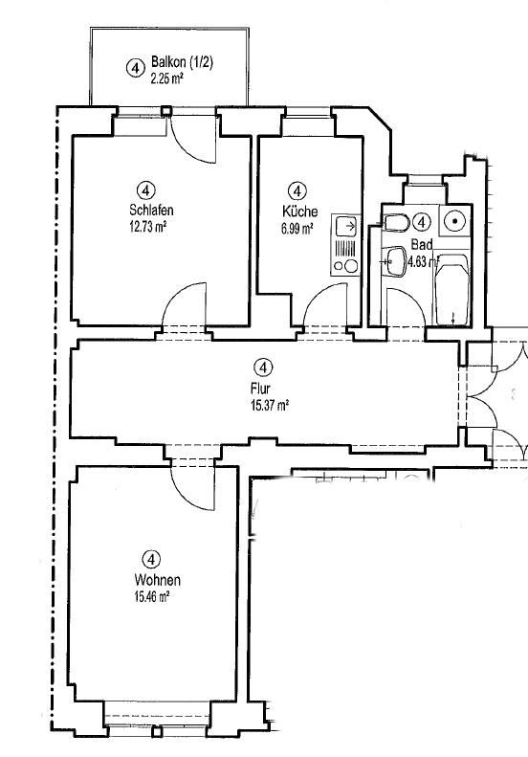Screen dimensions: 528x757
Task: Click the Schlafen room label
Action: [x=151, y=210]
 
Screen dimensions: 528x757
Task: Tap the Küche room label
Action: [x=300, y=212]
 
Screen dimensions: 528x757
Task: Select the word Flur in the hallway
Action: [x=260, y=388]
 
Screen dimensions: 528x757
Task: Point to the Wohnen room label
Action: [x=157, y=579]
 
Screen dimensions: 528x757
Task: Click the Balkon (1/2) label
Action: [x=182, y=62]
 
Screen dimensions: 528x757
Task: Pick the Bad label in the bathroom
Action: [x=421, y=244]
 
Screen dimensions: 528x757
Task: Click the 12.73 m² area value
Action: [x=147, y=227]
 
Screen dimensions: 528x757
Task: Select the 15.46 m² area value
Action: [x=151, y=597]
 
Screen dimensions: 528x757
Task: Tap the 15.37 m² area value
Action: [x=270, y=405]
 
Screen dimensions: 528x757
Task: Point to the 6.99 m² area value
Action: [x=297, y=229]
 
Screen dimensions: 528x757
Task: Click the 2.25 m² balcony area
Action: [x=166, y=78]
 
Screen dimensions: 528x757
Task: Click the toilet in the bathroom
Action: [x=397, y=223]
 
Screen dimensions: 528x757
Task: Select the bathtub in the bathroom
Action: [x=452, y=289]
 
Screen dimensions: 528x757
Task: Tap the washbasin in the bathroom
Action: [x=395, y=261]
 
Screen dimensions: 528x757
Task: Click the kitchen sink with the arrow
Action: [x=346, y=226]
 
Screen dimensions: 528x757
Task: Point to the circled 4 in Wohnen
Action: [x=151, y=560]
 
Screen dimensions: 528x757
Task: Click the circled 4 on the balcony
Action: [x=135, y=68]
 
